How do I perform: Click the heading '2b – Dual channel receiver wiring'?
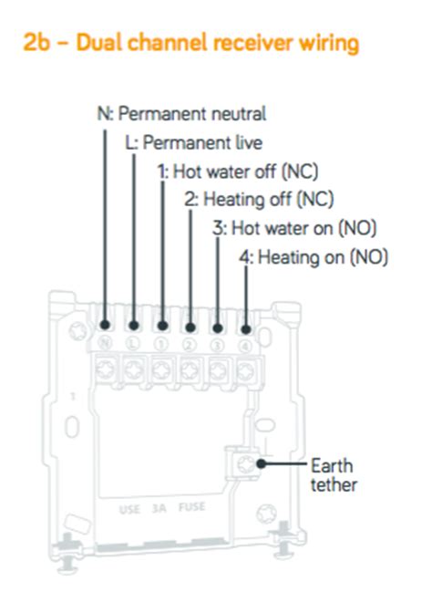[x=190, y=42]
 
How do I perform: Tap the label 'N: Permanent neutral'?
[x=181, y=114]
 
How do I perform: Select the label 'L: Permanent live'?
[x=194, y=142]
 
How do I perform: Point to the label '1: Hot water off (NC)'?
[x=238, y=171]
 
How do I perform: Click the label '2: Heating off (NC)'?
[x=259, y=200]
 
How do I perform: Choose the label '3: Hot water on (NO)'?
[x=294, y=228]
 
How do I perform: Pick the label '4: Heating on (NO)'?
[x=314, y=257]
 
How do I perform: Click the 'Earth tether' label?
[x=334, y=475]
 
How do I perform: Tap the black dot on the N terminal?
[x=105, y=325]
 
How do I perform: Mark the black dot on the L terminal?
[x=134, y=326]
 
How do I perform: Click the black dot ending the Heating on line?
[x=246, y=329]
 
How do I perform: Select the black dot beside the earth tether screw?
[x=262, y=464]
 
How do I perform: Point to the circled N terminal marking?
[x=105, y=343]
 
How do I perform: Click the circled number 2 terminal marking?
[x=190, y=345]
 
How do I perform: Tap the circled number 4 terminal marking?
[x=245, y=347]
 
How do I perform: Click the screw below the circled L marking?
[x=134, y=369]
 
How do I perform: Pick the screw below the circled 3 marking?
[x=218, y=370]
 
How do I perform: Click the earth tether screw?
[x=245, y=464]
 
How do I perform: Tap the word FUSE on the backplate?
[x=191, y=507]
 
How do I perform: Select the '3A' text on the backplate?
[x=159, y=508]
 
